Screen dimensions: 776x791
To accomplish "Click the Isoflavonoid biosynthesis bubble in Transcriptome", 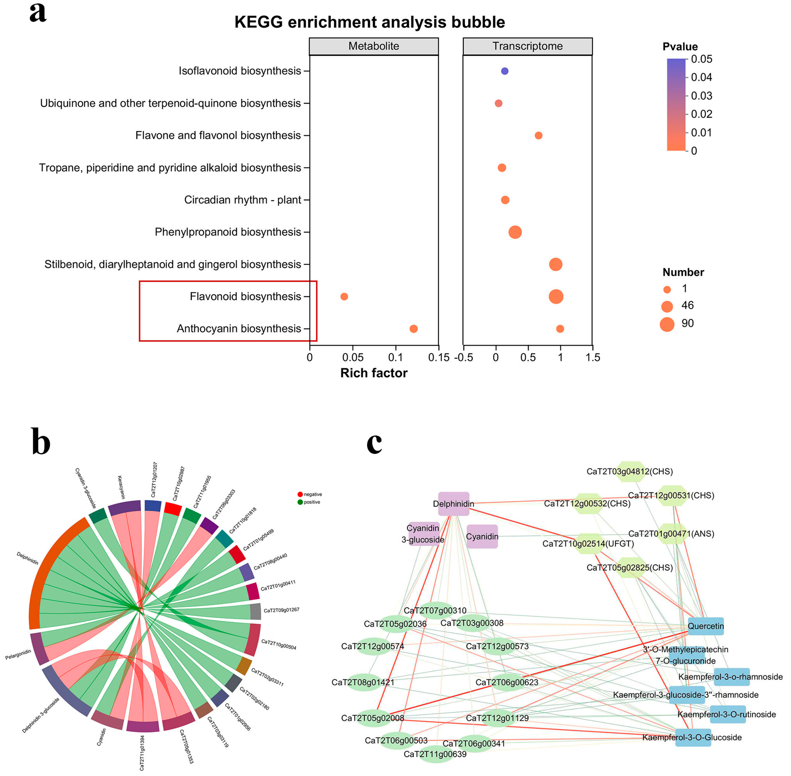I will pyautogui.click(x=504, y=71).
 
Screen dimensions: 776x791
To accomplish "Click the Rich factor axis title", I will pyautogui.click(x=373, y=373).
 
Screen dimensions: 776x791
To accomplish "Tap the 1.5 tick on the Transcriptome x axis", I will pyautogui.click(x=593, y=357).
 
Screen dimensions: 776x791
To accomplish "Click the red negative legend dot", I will pyautogui.click(x=300, y=494).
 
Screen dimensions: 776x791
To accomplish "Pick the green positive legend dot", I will pyautogui.click(x=300, y=502).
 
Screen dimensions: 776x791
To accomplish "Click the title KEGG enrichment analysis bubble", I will pyautogui.click(x=369, y=22).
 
